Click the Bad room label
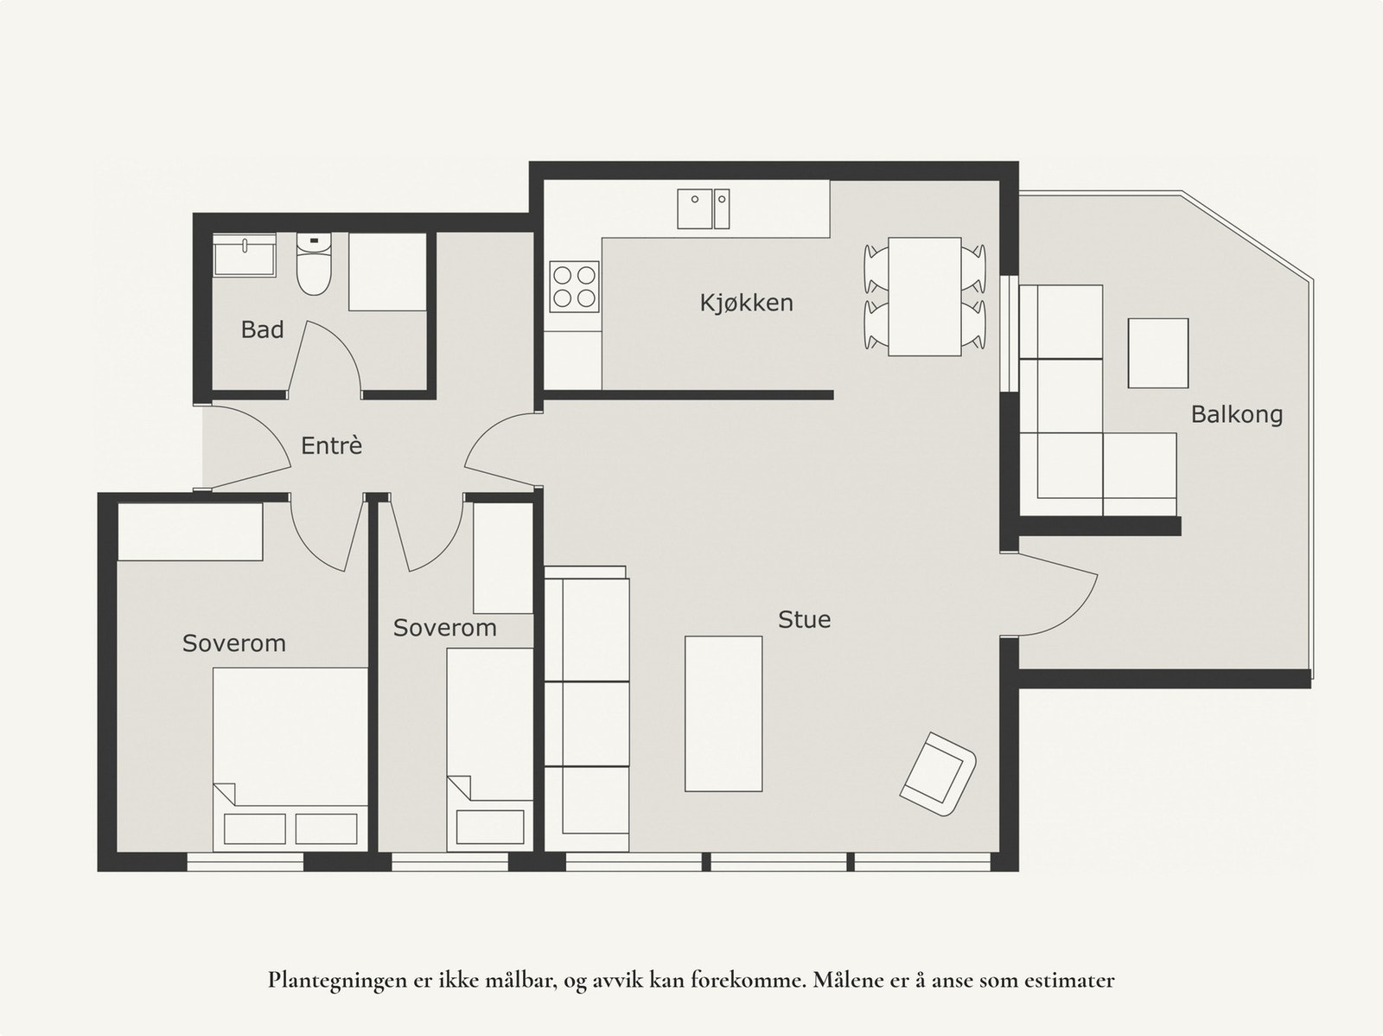point(262,329)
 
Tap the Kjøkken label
point(746,304)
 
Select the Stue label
point(804,619)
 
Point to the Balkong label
point(1236,414)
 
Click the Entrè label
point(331,444)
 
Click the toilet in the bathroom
point(314,264)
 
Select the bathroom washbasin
point(245,255)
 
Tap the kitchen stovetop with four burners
point(574,287)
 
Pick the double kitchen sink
point(703,208)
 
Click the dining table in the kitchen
point(924,296)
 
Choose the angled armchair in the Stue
point(938,775)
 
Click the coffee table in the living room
point(723,713)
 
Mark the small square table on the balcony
point(1158,353)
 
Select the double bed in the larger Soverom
point(290,758)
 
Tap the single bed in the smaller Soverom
point(490,750)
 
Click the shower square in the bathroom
point(387,272)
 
